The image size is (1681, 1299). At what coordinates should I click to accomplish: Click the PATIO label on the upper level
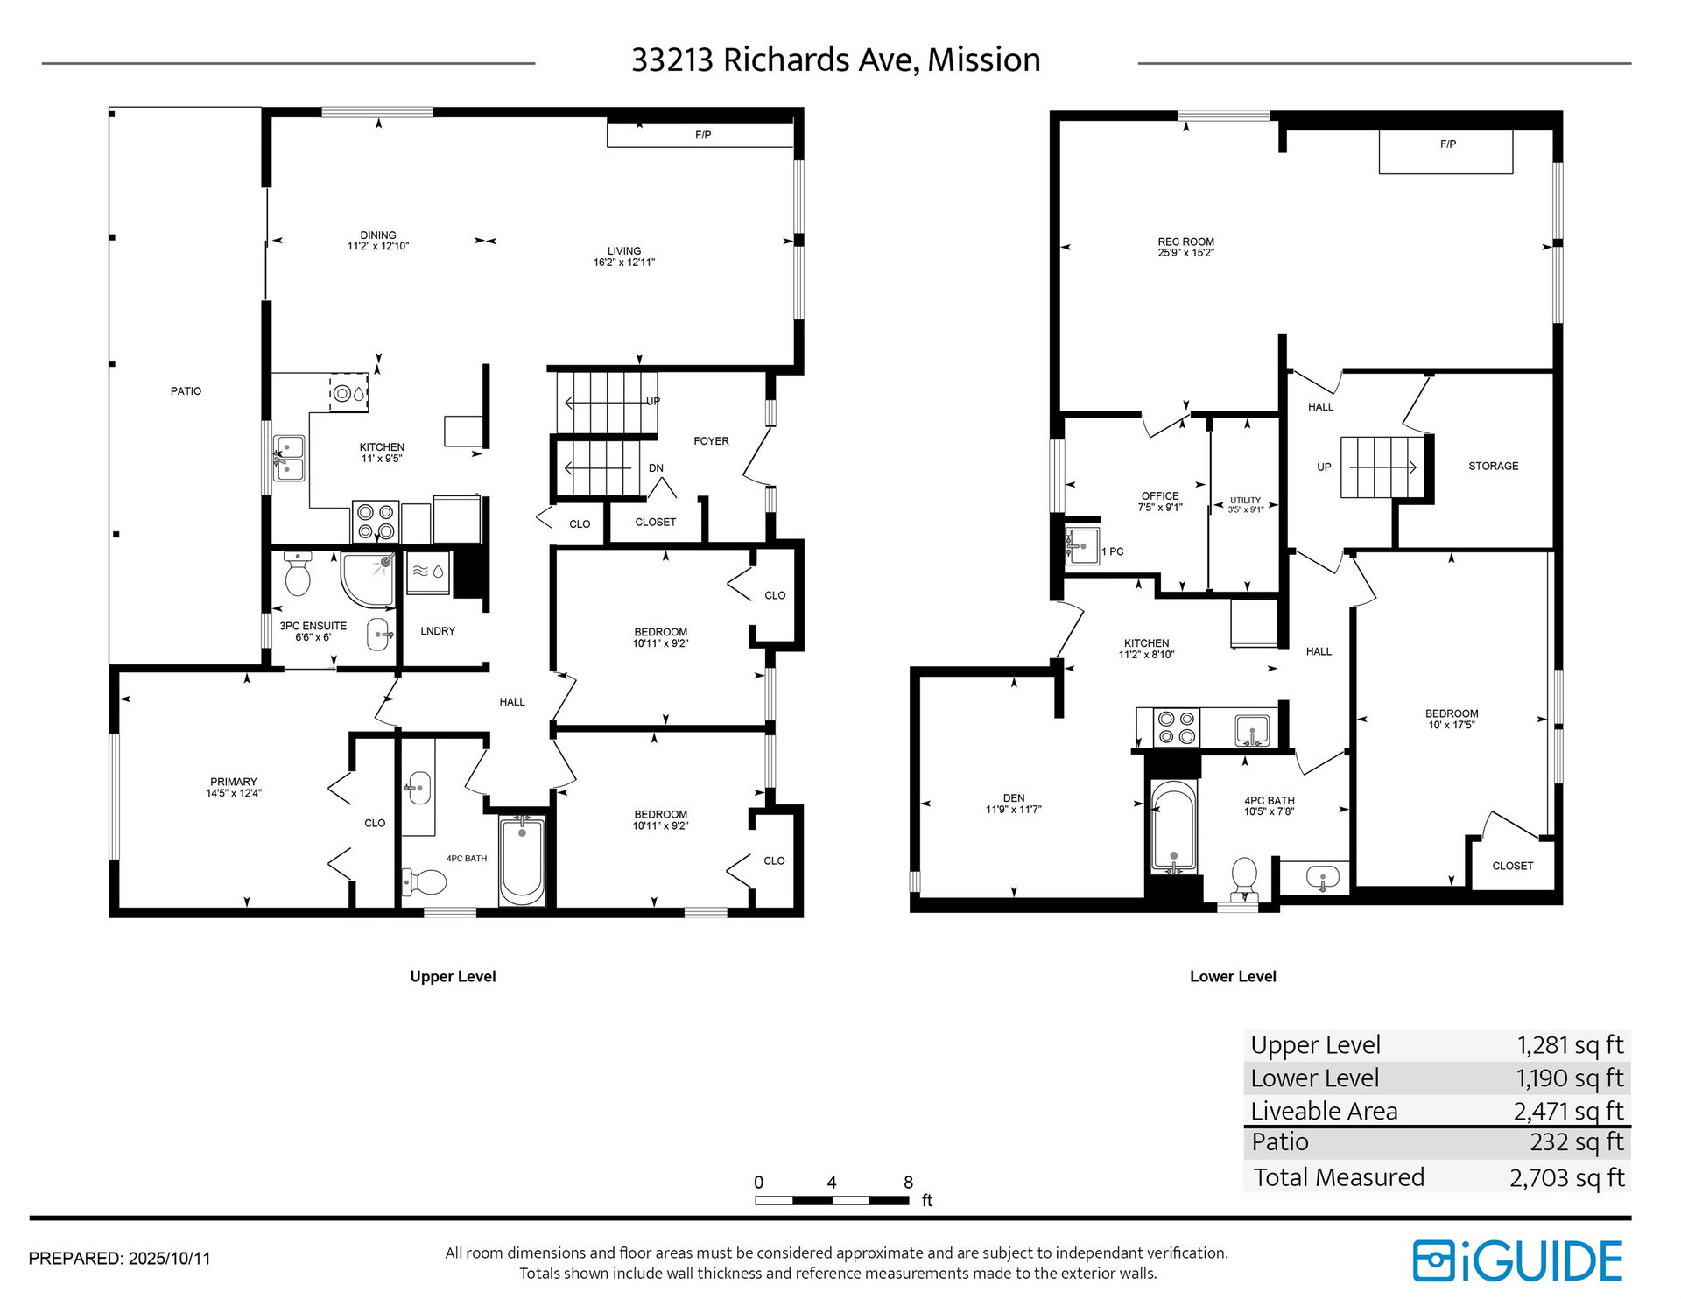click(186, 391)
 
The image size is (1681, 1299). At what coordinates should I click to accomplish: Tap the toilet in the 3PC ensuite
click(298, 573)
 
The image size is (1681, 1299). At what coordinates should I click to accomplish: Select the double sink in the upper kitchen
click(289, 459)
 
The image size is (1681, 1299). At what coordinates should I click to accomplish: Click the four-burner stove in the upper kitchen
click(376, 522)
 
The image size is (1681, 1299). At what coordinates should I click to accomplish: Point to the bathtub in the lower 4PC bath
click(1172, 827)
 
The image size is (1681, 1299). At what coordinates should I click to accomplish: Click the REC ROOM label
click(1186, 242)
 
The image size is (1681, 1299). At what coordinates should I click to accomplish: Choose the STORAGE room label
click(1494, 467)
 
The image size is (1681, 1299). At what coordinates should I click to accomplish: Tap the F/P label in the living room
click(703, 135)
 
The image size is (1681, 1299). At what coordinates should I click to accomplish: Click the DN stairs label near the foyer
click(657, 468)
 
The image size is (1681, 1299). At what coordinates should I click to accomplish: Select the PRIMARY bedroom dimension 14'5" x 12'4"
click(234, 794)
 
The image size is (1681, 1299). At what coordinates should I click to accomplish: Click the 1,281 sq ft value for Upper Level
click(1570, 1045)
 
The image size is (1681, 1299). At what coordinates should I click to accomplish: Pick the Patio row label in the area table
click(1280, 1142)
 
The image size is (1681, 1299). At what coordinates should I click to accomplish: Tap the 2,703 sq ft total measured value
click(1567, 1178)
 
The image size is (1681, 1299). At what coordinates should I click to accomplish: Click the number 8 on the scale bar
click(909, 1183)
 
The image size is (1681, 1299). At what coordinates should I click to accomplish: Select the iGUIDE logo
click(1518, 1261)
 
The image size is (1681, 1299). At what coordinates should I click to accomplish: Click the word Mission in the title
click(984, 60)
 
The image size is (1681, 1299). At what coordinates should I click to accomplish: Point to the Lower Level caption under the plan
click(1233, 977)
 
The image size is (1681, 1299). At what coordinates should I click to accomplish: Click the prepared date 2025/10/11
click(170, 1259)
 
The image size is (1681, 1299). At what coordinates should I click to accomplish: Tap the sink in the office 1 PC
click(1081, 546)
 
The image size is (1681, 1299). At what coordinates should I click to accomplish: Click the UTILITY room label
click(1245, 501)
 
